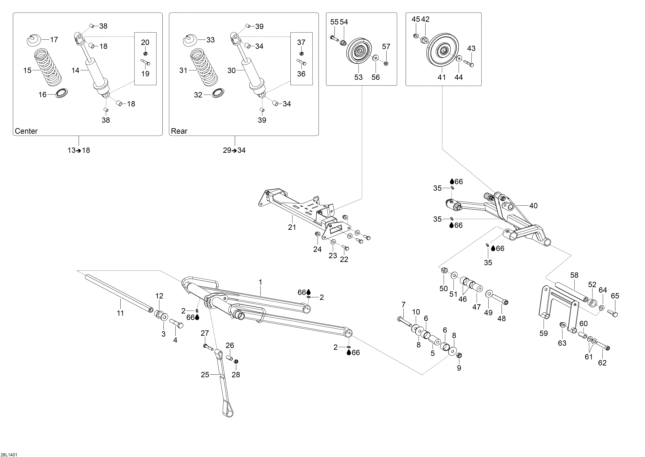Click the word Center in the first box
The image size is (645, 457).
(x=26, y=131)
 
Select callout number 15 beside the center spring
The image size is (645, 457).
(x=27, y=70)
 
